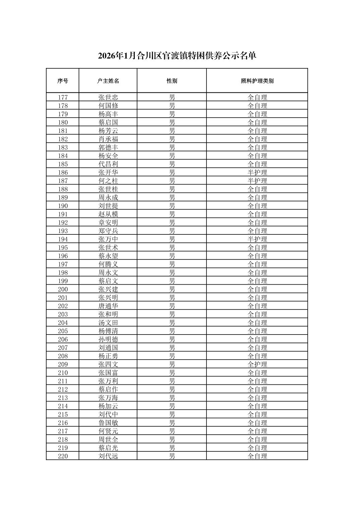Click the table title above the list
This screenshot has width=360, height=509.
tap(177, 56)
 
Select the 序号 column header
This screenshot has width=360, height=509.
tap(63, 81)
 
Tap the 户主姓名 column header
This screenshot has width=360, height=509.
tap(108, 81)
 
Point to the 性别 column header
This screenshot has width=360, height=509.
tap(172, 81)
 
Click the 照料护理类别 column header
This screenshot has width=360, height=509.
tap(257, 81)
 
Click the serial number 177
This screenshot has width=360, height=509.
tap(63, 97)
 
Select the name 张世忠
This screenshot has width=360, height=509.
tap(108, 97)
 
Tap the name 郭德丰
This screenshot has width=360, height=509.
tap(108, 147)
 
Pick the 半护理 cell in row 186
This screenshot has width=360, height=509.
tap(257, 172)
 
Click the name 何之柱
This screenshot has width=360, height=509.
tap(108, 181)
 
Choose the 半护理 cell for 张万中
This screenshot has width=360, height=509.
tap(257, 239)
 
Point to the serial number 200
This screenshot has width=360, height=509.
tap(63, 289)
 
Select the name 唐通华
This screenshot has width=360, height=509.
tap(108, 306)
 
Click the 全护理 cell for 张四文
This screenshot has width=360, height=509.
tap(257, 364)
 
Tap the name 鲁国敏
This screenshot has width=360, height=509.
tap(108, 423)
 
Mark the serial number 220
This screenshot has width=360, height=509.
tap(63, 456)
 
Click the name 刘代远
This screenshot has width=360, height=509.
tap(108, 456)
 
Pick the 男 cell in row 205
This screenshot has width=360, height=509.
tap(172, 331)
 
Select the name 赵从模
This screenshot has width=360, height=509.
tap(108, 214)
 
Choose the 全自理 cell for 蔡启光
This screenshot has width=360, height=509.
tap(257, 448)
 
